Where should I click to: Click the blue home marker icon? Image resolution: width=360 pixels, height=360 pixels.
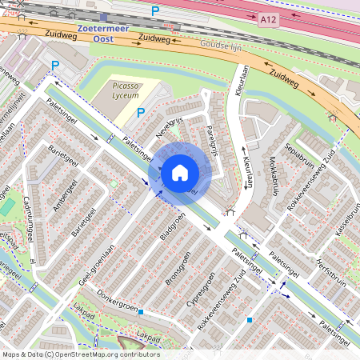(x=179, y=172)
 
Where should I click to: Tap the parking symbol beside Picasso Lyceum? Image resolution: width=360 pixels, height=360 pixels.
(x=141, y=113)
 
